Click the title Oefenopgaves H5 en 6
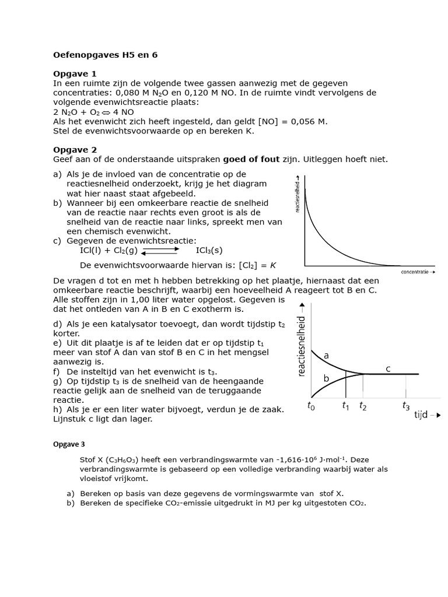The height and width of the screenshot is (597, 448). (x=105, y=55)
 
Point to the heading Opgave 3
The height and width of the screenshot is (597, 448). (x=69, y=444)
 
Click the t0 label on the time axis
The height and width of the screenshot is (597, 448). (x=311, y=406)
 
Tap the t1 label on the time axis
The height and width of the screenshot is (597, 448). (x=345, y=406)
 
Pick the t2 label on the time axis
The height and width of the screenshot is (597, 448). (x=363, y=406)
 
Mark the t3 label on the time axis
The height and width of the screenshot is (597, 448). (x=406, y=406)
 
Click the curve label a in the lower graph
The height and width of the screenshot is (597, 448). (x=326, y=354)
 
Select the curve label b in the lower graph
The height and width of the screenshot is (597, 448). (x=326, y=378)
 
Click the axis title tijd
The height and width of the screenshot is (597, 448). (x=421, y=415)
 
